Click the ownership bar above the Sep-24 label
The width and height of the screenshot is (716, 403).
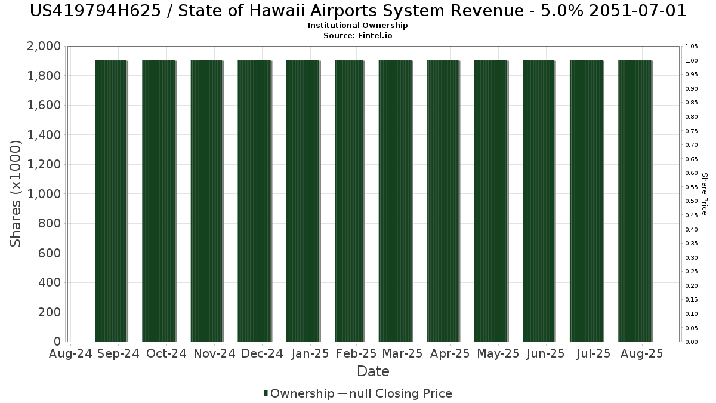(x=111, y=201)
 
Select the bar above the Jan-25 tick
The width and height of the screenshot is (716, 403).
(x=303, y=201)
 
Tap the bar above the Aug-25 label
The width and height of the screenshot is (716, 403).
(x=635, y=201)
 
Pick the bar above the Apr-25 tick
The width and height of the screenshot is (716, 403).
(x=443, y=201)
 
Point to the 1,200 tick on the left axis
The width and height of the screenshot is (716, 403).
(x=44, y=164)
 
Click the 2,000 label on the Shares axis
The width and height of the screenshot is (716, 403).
(x=44, y=46)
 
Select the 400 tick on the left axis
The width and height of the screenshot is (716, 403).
(x=49, y=282)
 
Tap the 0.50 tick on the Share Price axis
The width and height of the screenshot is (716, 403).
(x=692, y=201)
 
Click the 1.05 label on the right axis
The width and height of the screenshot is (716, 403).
(x=692, y=47)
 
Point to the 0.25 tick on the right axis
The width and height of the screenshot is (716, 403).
(x=692, y=272)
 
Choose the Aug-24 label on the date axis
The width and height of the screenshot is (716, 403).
(x=70, y=353)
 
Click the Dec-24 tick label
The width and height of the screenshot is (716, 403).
(x=262, y=353)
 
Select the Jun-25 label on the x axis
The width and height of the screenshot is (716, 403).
(x=546, y=353)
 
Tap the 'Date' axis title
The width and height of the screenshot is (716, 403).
(x=373, y=371)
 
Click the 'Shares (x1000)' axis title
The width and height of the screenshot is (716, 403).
(x=15, y=193)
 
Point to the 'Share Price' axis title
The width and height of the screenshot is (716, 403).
(x=705, y=194)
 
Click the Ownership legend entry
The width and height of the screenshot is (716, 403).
(x=299, y=393)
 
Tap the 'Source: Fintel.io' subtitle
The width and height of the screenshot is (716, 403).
(x=357, y=35)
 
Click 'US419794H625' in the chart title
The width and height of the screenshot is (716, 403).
(x=95, y=11)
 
